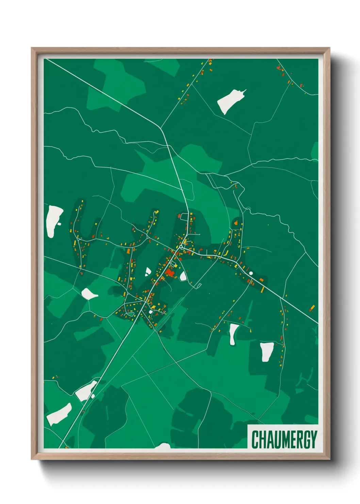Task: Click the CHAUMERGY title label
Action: click(x=284, y=439)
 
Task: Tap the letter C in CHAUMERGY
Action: click(x=255, y=440)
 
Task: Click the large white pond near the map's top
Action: click(x=230, y=101)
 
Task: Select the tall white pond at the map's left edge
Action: click(x=53, y=221)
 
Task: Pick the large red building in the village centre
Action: click(x=169, y=272)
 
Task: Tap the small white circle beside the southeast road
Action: click(x=251, y=273)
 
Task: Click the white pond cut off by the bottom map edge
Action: click(x=163, y=446)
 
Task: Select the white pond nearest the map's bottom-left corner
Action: click(x=59, y=414)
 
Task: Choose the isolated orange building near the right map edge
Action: click(x=312, y=308)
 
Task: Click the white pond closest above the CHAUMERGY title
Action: click(x=267, y=351)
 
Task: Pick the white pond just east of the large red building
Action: click(x=183, y=277)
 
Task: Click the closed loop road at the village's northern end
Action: click(x=184, y=216)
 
